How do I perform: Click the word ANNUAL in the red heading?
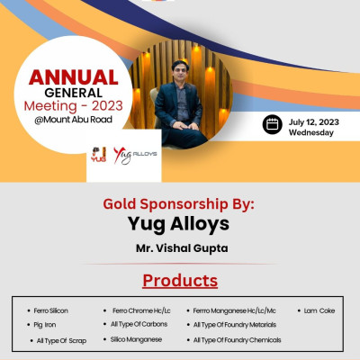[x=72, y=77]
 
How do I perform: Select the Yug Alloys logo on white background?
[x=135, y=155]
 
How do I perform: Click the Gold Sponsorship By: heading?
[x=179, y=203]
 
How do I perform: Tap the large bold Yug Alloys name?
[x=179, y=224]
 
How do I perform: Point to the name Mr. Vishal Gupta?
[x=179, y=246]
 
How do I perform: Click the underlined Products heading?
[x=179, y=279]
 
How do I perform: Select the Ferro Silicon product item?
[x=51, y=310]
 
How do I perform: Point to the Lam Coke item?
[x=319, y=310]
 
